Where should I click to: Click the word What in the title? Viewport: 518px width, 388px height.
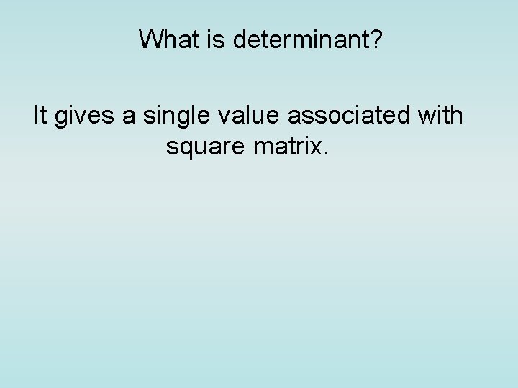coord(165,40)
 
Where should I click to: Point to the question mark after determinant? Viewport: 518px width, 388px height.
coord(376,40)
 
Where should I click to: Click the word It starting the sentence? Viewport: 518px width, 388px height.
coord(40,115)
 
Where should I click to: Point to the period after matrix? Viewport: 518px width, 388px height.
coord(327,153)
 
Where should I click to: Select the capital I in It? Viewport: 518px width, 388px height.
coord(36,115)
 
